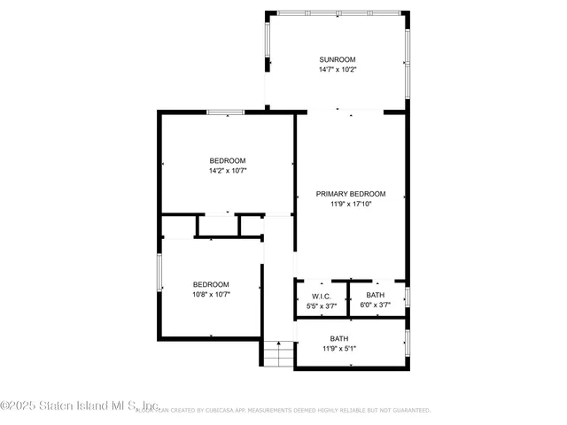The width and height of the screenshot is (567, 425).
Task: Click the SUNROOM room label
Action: click(x=338, y=59)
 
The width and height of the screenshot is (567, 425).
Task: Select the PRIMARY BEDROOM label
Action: click(x=352, y=194)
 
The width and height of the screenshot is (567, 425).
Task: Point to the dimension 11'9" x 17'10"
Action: click(x=352, y=204)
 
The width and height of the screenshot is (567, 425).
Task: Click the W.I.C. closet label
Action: click(x=321, y=296)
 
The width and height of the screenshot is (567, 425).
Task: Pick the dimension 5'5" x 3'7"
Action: click(x=321, y=305)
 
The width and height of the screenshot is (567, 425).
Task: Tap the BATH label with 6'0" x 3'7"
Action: click(x=376, y=296)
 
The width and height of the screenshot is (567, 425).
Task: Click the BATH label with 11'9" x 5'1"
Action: click(x=339, y=339)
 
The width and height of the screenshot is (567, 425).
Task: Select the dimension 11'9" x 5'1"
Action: click(x=339, y=349)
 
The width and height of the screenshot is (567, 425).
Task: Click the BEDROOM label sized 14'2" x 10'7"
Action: click(x=228, y=160)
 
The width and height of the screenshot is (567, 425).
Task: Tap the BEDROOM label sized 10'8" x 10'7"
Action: click(x=212, y=284)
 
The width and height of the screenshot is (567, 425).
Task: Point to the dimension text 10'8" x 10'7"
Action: click(x=212, y=294)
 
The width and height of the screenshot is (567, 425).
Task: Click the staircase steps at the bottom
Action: click(x=278, y=354)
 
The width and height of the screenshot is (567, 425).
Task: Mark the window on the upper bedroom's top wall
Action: click(x=226, y=112)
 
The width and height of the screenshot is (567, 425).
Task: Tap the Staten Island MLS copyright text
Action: click(x=80, y=406)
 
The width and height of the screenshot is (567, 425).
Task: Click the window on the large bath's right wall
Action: click(x=407, y=343)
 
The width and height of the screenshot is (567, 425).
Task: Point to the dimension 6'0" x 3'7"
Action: click(x=376, y=305)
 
